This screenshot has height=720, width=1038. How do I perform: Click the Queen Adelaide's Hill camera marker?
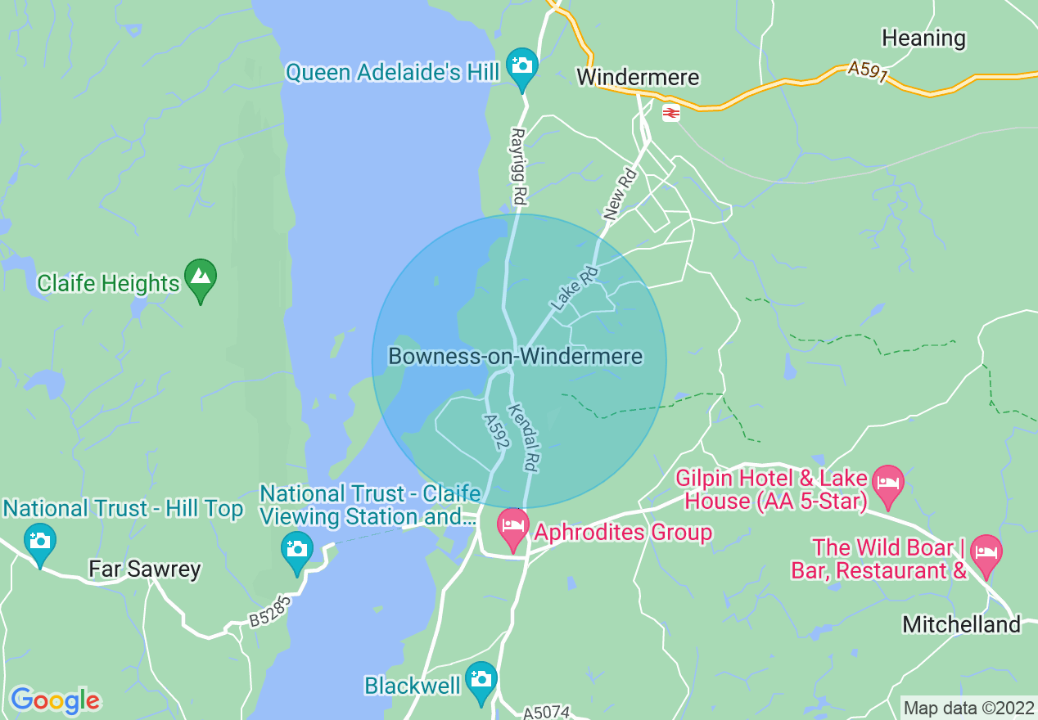point(521,64)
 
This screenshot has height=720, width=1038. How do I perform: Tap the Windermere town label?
point(638,78)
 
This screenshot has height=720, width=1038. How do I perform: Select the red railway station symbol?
point(670,114)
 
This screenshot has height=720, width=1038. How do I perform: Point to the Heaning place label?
point(923,38)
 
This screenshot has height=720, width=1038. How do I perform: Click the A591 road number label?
point(868,70)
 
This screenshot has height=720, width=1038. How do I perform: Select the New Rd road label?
point(620,195)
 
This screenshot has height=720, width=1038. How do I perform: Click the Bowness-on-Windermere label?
point(515,357)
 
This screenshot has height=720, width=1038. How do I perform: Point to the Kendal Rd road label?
point(523,438)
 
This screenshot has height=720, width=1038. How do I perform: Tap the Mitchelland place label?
point(961,625)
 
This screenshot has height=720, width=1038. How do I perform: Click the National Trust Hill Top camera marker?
point(39,542)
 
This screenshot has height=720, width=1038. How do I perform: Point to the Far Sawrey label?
point(144,569)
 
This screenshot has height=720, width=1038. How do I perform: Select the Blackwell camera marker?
point(481,680)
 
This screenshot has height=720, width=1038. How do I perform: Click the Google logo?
point(55,700)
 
